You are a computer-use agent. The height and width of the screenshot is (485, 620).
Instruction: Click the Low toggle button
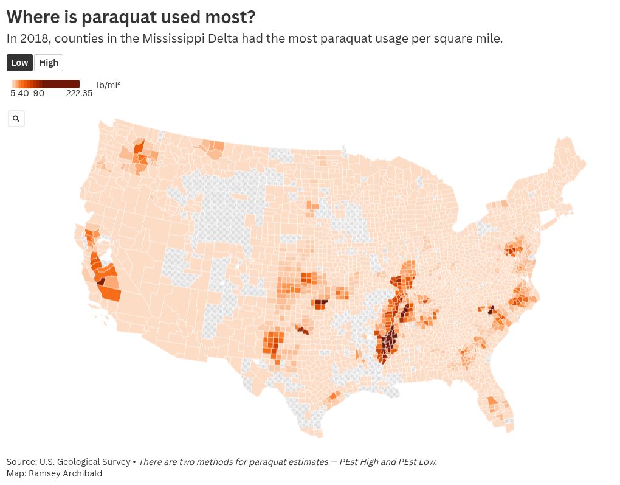click(19, 63)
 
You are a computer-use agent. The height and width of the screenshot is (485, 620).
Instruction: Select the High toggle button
click(49, 63)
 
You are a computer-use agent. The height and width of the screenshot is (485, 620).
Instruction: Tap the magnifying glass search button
click(16, 119)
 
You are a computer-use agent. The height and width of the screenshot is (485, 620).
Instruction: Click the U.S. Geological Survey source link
click(84, 462)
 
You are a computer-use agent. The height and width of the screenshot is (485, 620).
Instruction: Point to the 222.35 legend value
click(79, 94)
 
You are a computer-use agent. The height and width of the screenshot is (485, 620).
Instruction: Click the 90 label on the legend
click(38, 94)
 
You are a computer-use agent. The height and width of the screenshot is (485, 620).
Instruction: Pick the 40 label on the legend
click(23, 94)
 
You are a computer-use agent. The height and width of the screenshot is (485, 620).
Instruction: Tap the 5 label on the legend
click(13, 94)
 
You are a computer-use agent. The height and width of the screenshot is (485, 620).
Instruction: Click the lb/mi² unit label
click(108, 85)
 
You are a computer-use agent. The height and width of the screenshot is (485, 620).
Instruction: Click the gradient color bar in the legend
click(45, 84)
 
